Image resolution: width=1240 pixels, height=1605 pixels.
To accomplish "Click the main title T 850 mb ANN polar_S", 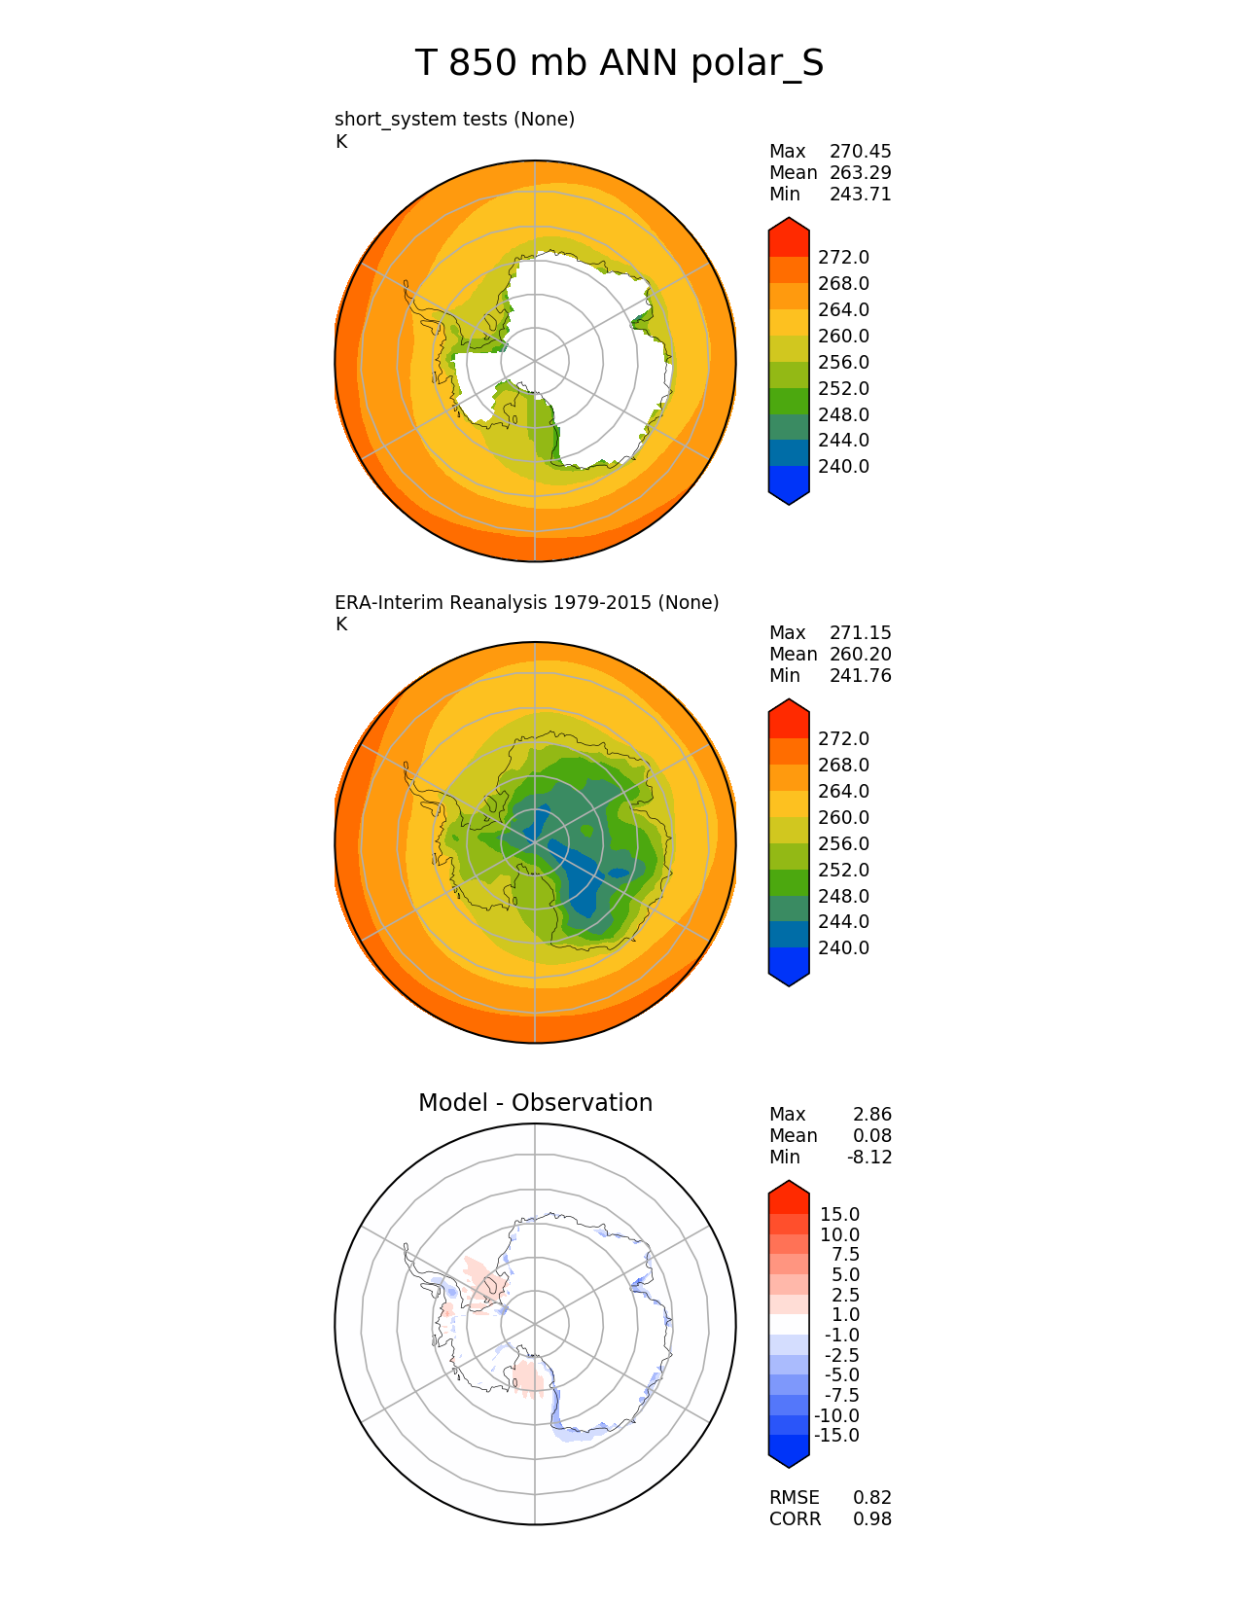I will pyautogui.click(x=620, y=64).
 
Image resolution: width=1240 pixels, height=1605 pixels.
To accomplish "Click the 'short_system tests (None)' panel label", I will pyautogui.click(x=454, y=119).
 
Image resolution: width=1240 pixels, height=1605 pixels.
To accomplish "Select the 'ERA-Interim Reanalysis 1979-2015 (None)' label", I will pyautogui.click(x=526, y=602).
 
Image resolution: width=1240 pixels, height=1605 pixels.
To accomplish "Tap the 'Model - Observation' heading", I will pyautogui.click(x=535, y=1102).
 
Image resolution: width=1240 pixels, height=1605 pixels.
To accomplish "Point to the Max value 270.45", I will pyautogui.click(x=860, y=151).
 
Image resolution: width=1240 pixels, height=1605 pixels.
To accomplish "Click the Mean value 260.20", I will pyautogui.click(x=860, y=654).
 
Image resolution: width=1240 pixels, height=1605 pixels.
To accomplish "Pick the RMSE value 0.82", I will pyautogui.click(x=871, y=1497).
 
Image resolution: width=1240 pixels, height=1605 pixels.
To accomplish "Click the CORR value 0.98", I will pyautogui.click(x=871, y=1518).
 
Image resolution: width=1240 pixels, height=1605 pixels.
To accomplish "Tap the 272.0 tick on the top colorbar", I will pyautogui.click(x=843, y=257).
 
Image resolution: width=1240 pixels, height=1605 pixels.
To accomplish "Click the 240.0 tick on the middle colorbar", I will pyautogui.click(x=843, y=947).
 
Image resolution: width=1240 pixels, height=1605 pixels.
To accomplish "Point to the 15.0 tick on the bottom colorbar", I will pyautogui.click(x=839, y=1214).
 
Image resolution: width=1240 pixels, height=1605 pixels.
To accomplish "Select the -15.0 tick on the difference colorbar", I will pyautogui.click(x=836, y=1435).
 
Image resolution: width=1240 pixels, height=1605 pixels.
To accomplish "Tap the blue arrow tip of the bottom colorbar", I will pyautogui.click(x=789, y=1455).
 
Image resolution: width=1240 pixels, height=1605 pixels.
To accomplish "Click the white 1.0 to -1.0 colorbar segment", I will pyautogui.click(x=789, y=1325).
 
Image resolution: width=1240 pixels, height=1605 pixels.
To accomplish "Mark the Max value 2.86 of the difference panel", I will pyautogui.click(x=871, y=1114).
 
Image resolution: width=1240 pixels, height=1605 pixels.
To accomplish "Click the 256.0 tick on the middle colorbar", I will pyautogui.click(x=843, y=843).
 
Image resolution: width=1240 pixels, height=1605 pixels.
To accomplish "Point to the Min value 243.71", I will pyautogui.click(x=860, y=194).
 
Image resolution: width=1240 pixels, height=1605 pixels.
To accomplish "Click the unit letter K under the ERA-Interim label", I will pyautogui.click(x=341, y=624).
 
